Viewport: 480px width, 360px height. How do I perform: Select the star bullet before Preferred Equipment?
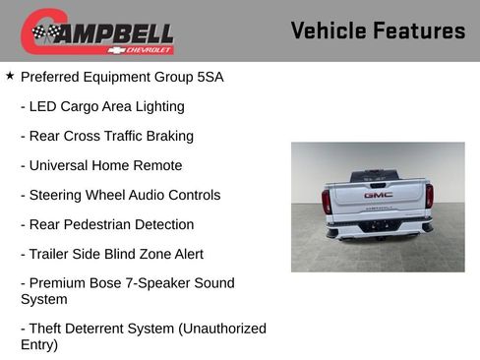pyautogui.click(x=10, y=76)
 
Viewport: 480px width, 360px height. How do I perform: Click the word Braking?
pyautogui.click(x=166, y=136)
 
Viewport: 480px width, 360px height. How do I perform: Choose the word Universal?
pyautogui.click(x=60, y=165)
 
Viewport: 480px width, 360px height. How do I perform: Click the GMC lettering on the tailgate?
pyautogui.click(x=378, y=195)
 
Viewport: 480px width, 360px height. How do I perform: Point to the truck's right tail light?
pyautogui.click(x=429, y=196)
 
